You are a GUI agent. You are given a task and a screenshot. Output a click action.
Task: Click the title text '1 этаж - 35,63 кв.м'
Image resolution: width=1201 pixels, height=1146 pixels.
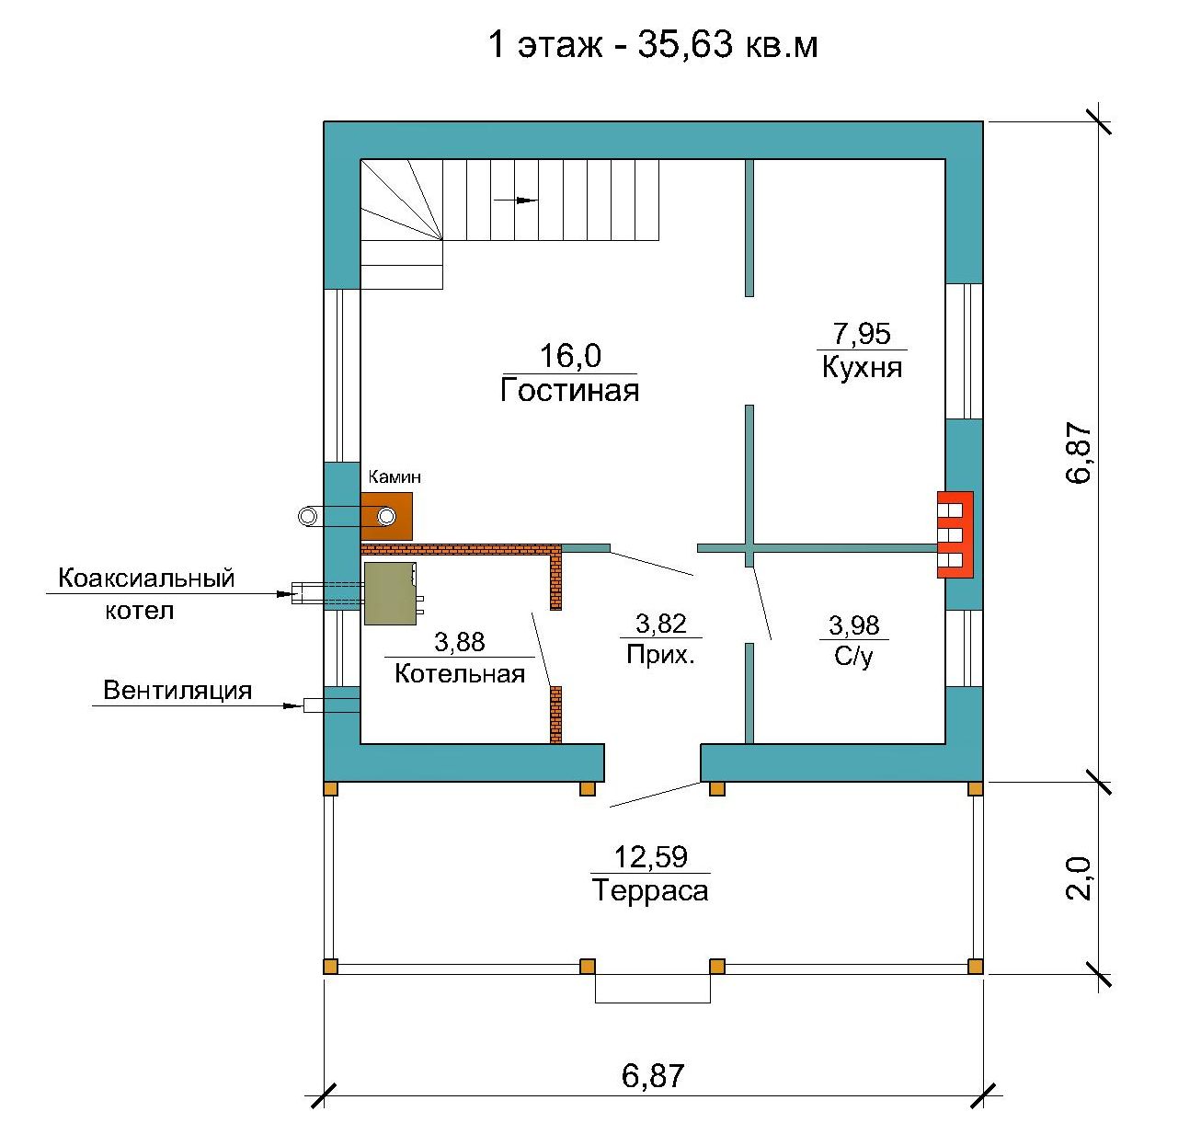pos(652,44)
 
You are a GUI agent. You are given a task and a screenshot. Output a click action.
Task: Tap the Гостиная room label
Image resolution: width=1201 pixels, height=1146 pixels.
pos(569,390)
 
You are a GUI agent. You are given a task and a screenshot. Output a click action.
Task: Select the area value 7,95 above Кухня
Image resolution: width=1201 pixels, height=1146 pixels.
pos(862,333)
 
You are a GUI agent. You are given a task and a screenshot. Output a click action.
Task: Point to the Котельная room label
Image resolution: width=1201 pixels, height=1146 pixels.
pos(460,673)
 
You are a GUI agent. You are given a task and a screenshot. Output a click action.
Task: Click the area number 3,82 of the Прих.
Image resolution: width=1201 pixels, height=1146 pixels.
pos(660,624)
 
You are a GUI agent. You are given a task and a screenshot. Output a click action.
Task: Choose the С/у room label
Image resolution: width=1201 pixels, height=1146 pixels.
pos(852,657)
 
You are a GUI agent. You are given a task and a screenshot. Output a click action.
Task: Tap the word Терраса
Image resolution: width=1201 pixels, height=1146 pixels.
pos(650,890)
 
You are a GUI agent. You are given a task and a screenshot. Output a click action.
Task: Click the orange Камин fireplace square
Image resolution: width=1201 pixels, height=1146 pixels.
pos(386,517)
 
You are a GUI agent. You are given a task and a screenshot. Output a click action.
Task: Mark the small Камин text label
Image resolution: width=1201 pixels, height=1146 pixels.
pos(394,476)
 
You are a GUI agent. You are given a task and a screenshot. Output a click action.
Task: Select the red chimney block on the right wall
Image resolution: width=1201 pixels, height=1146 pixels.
pos(955,534)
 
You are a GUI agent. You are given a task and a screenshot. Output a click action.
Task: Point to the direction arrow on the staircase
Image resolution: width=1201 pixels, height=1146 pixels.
pos(515,200)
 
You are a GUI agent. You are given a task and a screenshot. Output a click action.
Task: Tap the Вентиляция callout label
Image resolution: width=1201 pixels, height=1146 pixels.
pos(177,690)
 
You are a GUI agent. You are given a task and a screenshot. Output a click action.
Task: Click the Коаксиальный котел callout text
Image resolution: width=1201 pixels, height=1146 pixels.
pos(145,594)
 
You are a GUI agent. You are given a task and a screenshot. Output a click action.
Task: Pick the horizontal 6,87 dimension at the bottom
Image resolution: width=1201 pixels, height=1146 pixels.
pos(652,1076)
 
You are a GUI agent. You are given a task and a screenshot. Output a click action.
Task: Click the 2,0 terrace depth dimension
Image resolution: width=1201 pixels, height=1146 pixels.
pos(1078,878)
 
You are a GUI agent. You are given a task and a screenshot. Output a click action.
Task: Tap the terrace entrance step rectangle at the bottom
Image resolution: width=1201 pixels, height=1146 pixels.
pos(652,989)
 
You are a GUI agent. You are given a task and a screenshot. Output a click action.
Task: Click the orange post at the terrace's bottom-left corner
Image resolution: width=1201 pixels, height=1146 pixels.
pos(330,967)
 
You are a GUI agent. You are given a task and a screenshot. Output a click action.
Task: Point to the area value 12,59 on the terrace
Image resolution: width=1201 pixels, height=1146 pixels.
pos(650,857)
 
